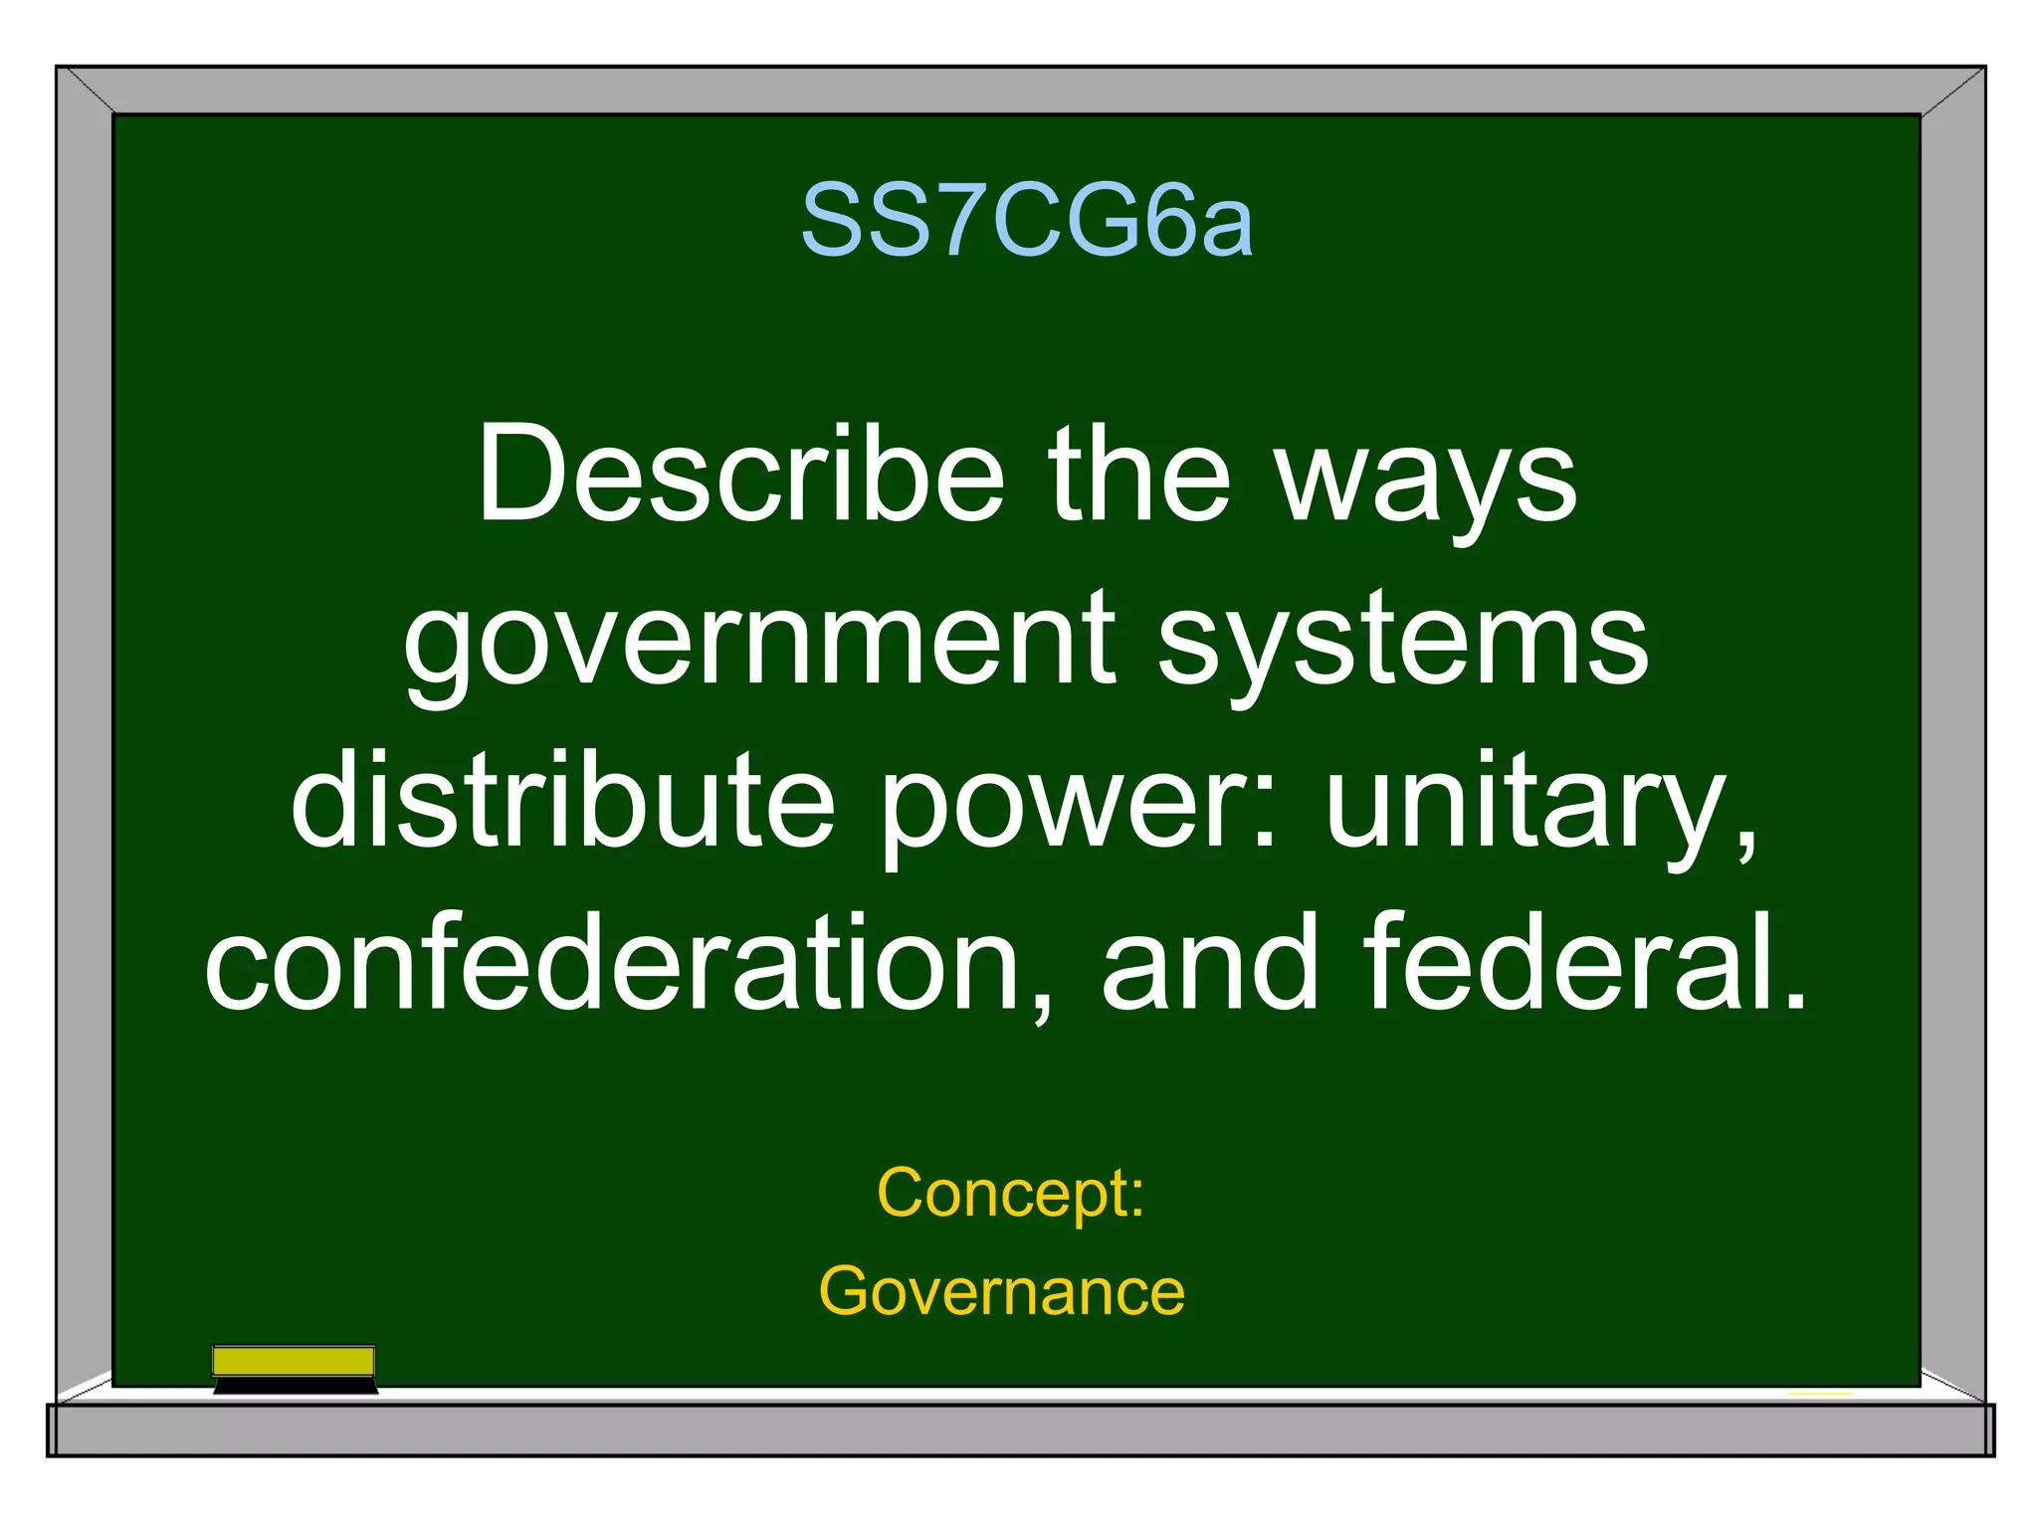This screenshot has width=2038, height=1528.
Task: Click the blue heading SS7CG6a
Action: (1026, 221)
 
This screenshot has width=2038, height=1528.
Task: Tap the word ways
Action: (1426, 482)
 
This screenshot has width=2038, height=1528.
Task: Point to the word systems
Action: (1403, 645)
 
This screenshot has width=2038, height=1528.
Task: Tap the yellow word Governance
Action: (1001, 1291)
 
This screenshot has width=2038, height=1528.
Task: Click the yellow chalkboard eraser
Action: (294, 1360)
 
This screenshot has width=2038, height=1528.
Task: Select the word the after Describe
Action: (1139, 476)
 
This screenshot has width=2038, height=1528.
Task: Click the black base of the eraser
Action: (296, 1386)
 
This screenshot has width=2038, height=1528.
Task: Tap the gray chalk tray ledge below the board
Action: (1020, 1430)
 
